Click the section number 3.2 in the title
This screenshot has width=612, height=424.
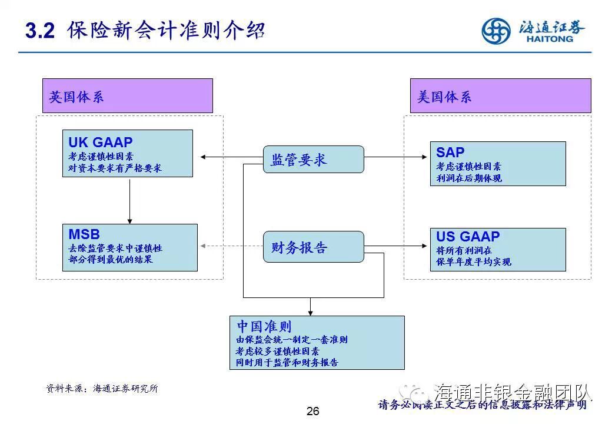click(x=40, y=31)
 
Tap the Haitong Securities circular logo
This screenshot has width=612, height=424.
click(x=496, y=31)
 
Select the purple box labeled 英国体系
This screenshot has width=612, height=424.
click(x=127, y=96)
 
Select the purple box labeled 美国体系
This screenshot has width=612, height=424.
click(x=500, y=96)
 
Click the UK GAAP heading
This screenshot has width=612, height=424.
click(x=101, y=143)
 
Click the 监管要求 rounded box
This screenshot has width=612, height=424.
click(x=313, y=160)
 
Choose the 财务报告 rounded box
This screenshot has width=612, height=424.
click(x=313, y=247)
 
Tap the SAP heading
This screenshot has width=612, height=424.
click(x=450, y=153)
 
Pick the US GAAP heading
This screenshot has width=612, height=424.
click(x=468, y=237)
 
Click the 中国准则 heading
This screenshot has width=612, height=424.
click(x=264, y=326)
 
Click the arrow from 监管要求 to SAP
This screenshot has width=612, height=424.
click(x=397, y=157)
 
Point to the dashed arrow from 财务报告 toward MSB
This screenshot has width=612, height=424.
click(x=231, y=246)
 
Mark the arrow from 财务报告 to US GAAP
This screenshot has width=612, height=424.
click(x=397, y=246)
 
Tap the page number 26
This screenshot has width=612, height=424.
click(x=312, y=412)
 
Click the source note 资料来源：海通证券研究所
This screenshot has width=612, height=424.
click(x=102, y=389)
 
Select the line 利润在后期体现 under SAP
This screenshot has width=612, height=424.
click(x=469, y=178)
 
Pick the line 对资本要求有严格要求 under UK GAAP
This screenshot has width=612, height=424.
click(x=115, y=168)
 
